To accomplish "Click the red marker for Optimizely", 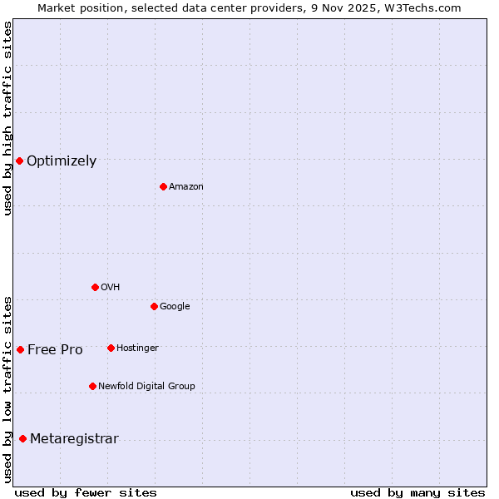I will pos(19,161).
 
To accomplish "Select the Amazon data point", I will pos(163,186).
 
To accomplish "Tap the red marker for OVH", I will pos(95,287).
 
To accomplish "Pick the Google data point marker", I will pos(154,306).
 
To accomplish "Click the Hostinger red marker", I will pos(111,348).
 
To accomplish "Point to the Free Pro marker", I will pos(20,349).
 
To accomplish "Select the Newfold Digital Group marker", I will pos(92,386).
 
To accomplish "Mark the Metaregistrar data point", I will pos(22,438).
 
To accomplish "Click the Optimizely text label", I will pos(62,161).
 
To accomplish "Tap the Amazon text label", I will pos(186,187).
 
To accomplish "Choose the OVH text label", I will pos(111,288).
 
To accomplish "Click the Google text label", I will pos(175,307).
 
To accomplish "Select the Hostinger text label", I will pos(137,348).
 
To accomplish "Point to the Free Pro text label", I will pos(55,350).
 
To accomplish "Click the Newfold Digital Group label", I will pos(146,387).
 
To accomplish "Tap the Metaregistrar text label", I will pos(74,439).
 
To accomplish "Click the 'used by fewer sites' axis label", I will pos(86,492).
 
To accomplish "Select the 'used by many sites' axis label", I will pos(417,492).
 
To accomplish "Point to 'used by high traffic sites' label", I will pos(7,118).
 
